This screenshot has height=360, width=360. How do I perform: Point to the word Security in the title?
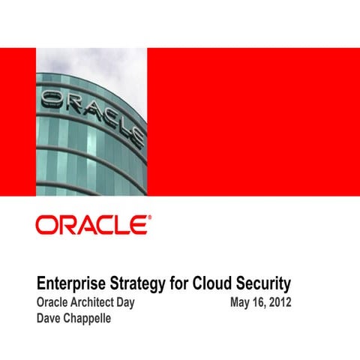pyautogui.click(x=263, y=286)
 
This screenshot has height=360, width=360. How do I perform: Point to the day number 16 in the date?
pyautogui.click(x=257, y=303)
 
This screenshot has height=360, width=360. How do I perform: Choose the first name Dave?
pyautogui.click(x=49, y=318)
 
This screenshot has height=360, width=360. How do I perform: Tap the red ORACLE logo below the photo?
pyautogui.click(x=92, y=225)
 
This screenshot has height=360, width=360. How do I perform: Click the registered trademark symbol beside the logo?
pyautogui.click(x=148, y=217)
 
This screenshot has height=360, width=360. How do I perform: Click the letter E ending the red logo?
pyautogui.click(x=138, y=225)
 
